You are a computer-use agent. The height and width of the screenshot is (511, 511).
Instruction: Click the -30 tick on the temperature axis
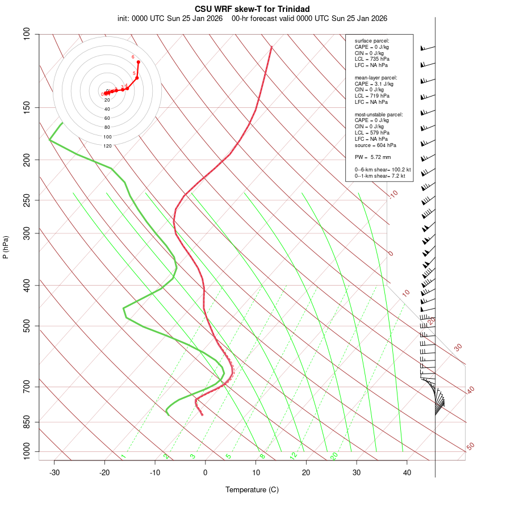(x=55, y=472)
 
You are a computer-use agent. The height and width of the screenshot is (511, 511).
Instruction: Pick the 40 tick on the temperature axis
(x=407, y=472)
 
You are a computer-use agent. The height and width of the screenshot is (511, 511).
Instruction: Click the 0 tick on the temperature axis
(x=206, y=472)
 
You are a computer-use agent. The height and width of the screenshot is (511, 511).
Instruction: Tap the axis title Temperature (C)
(x=252, y=489)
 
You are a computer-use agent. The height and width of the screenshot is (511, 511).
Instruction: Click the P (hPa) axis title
(x=6, y=247)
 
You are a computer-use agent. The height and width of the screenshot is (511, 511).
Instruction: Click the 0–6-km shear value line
(x=383, y=169)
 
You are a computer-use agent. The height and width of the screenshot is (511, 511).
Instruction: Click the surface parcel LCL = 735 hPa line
(x=372, y=58)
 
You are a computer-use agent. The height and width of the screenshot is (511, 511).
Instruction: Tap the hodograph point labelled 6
(x=138, y=61)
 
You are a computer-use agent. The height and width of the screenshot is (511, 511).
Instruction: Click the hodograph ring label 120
(x=107, y=146)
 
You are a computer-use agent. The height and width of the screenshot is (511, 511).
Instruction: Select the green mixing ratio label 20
(x=334, y=455)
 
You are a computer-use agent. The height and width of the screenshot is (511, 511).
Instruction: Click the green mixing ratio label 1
(x=123, y=456)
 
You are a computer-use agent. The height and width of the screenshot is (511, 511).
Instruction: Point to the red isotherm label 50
(x=470, y=447)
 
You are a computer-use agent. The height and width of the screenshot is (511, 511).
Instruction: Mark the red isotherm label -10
(x=392, y=194)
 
